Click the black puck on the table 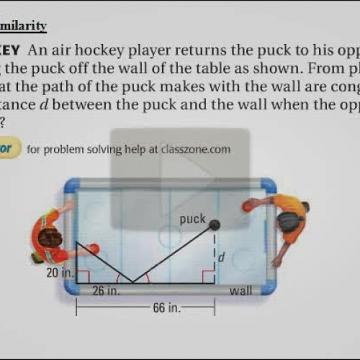coord(215,225)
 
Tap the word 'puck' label coord(193,219)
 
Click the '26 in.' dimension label coord(106,292)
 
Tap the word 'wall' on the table coord(240,292)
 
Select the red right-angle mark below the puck coord(209,277)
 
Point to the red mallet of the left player coord(94,249)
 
